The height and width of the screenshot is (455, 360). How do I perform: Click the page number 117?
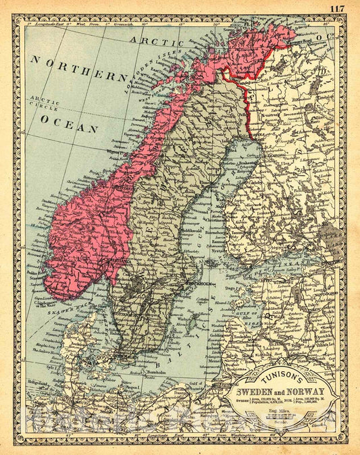[340, 7]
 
